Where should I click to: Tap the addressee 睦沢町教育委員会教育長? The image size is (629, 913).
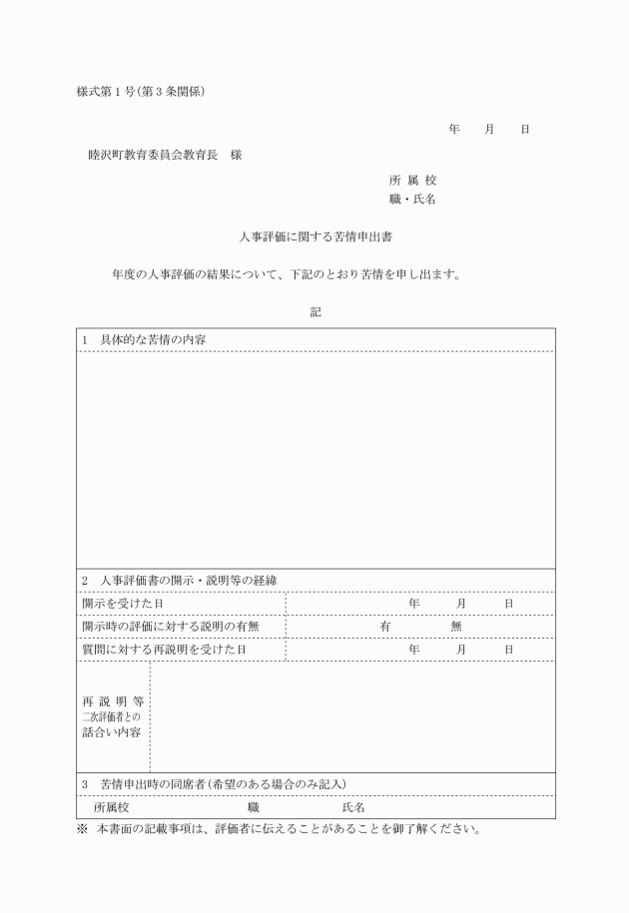(154, 155)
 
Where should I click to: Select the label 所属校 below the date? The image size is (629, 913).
(412, 181)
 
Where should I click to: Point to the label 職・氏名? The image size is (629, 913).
(412, 200)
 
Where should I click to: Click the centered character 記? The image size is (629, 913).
(315, 312)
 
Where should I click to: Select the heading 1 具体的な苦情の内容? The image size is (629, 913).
(151, 339)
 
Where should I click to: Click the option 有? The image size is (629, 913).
(384, 627)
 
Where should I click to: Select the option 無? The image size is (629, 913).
(456, 627)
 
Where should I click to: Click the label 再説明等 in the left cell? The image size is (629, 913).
(112, 700)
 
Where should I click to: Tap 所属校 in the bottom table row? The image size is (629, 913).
(111, 806)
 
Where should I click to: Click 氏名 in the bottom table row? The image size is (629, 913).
(353, 806)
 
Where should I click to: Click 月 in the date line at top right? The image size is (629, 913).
(489, 130)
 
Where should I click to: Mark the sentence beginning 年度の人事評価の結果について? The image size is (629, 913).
(286, 275)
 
